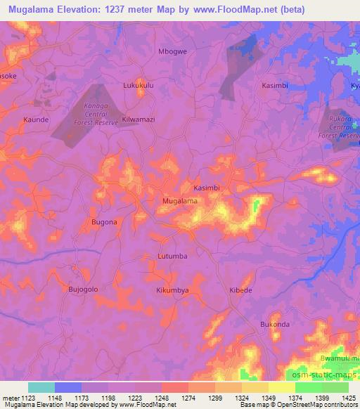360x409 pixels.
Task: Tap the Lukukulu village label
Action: [x=138, y=87]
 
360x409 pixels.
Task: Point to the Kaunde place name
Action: [x=36, y=120]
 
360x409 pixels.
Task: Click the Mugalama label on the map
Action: [x=179, y=201]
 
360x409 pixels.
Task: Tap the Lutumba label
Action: [x=172, y=256]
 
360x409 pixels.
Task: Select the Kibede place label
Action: [x=240, y=290]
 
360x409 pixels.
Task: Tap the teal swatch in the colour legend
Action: [x=41, y=387]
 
